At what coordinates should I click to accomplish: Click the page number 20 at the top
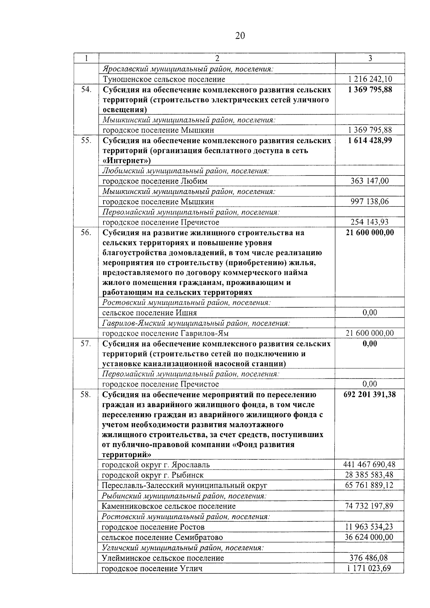point(240,35)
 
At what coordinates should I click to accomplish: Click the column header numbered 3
point(370,58)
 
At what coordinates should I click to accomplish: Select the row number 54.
point(86,90)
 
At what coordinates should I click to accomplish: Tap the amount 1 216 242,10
point(370,79)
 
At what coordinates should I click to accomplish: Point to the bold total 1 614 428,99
point(370,140)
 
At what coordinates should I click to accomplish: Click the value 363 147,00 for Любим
point(370,181)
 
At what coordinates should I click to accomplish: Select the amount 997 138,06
point(370,202)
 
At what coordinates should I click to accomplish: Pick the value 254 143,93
point(370,222)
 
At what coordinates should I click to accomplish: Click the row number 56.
point(86,233)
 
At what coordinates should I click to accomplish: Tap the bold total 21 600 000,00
point(370,233)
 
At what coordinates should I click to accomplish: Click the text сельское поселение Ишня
point(149,313)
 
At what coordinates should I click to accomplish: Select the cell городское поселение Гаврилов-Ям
point(165,334)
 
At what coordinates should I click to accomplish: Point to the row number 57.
point(86,344)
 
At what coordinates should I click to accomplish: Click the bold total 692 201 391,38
point(370,395)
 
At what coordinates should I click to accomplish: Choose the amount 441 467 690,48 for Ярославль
point(369,465)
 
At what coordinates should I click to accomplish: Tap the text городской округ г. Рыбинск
point(153,475)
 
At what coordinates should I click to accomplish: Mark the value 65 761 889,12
point(369,485)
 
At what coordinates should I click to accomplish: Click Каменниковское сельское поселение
point(168,506)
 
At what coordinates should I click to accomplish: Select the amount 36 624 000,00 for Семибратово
point(369,537)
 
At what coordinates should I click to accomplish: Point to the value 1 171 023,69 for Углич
point(369,569)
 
